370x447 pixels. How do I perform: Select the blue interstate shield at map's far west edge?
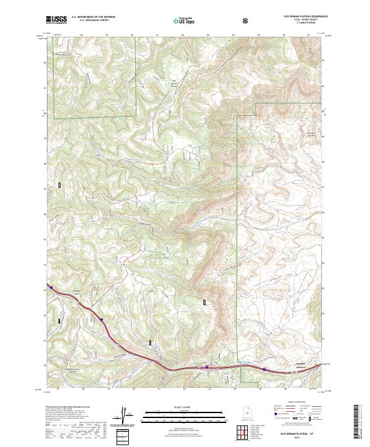47,288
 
